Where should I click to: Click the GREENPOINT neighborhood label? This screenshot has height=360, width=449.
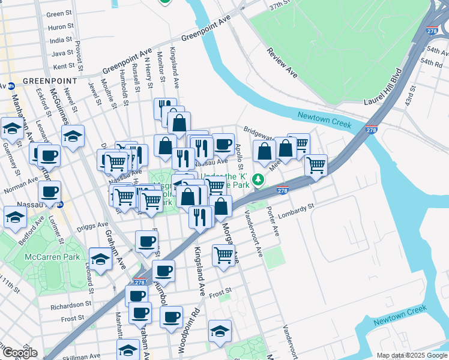(x=50, y=80)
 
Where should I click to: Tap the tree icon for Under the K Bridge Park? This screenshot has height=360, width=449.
(x=258, y=179)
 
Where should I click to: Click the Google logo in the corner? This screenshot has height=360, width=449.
(x=20, y=353)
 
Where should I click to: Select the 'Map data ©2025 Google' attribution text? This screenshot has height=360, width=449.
(x=412, y=355)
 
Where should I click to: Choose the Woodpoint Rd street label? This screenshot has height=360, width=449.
(x=196, y=324)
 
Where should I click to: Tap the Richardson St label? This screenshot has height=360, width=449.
(x=70, y=305)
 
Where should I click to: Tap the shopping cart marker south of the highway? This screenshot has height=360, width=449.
(x=223, y=254)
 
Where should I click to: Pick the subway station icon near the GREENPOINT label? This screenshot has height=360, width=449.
(x=11, y=85)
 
